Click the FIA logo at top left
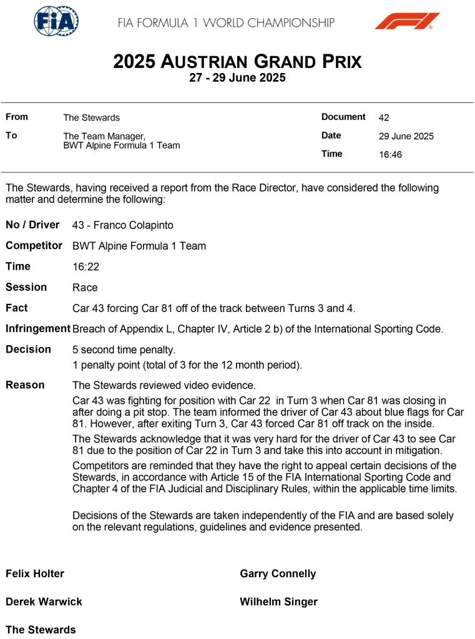click(56, 21)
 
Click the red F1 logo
click(407, 21)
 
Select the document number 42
click(384, 117)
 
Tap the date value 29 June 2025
click(406, 136)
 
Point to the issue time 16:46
click(390, 155)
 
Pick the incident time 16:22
click(86, 266)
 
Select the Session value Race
click(85, 288)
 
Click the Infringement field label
click(37, 329)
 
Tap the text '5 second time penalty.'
click(124, 349)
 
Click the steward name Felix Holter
click(35, 573)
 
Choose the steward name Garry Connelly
click(278, 573)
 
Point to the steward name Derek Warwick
click(44, 602)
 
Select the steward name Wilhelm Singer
click(278, 602)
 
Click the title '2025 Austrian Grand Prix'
click(237, 62)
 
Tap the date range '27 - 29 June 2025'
click(237, 78)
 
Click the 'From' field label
click(17, 117)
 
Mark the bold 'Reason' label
click(25, 385)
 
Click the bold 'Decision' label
click(28, 349)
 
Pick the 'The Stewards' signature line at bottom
click(41, 630)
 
